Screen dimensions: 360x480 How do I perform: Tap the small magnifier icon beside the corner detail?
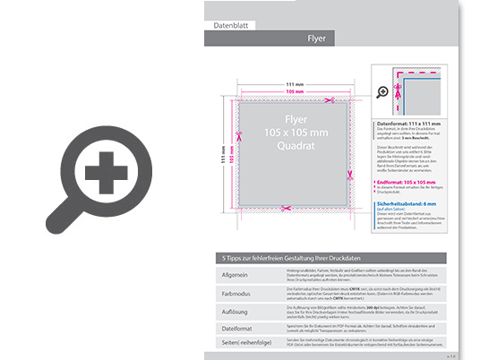coord(382,91)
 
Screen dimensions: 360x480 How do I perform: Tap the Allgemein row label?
coord(234,273)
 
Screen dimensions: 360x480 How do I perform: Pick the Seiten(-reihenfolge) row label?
coord(240,345)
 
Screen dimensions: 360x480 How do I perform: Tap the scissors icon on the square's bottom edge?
coord(285,209)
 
